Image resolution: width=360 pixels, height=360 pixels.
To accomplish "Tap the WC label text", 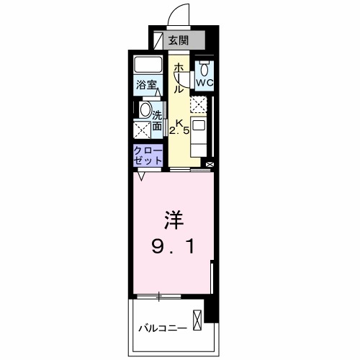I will pos(205,83).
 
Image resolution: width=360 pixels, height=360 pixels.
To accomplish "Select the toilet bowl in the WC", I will pos(205,69).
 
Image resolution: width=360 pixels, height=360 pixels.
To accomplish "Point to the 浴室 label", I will pos(147,85).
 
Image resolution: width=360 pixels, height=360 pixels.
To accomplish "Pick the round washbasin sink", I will pos(145,111).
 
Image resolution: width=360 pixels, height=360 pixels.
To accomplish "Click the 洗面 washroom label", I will pos(157,120).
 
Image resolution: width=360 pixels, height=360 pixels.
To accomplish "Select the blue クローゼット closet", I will pos(147,155).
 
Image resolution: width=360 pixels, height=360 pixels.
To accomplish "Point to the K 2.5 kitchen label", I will pos(179,127).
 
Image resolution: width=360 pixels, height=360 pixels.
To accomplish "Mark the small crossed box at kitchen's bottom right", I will pos(210,164).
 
